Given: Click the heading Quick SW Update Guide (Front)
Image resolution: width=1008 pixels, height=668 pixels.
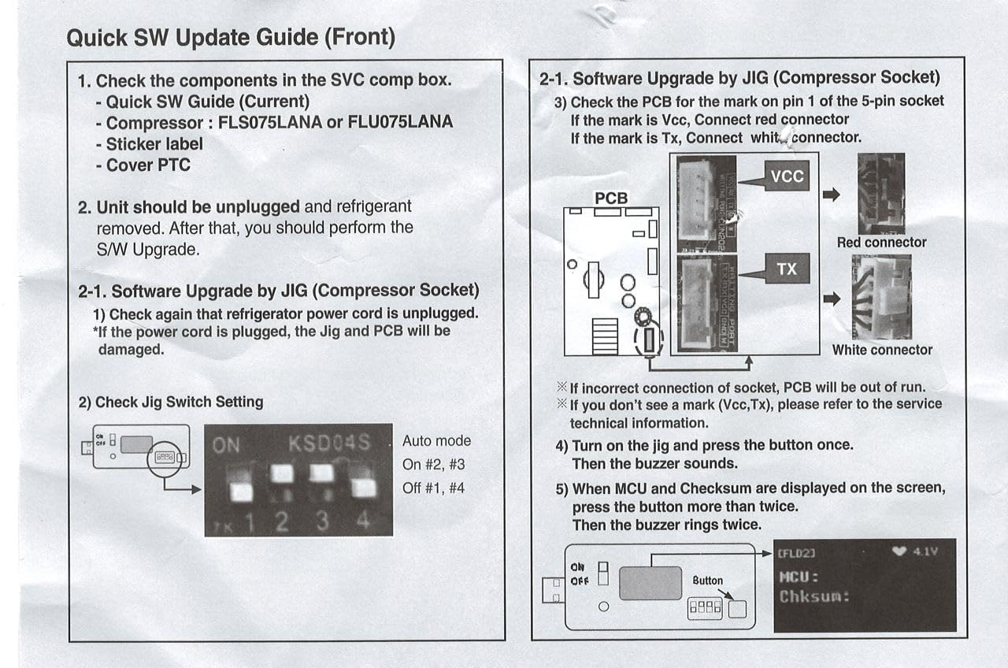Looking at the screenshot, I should pyautogui.click(x=231, y=37).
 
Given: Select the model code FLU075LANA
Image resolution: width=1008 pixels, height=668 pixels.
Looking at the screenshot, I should pyautogui.click(x=400, y=123).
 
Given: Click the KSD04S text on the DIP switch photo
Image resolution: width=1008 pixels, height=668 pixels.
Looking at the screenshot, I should pyautogui.click(x=328, y=443).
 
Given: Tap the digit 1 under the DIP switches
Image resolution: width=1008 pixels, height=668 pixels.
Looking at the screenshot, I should pyautogui.click(x=250, y=521).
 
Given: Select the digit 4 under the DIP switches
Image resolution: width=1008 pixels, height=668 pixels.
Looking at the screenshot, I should pyautogui.click(x=363, y=521).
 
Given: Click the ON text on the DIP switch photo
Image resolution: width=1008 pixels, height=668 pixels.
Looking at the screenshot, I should pyautogui.click(x=226, y=446).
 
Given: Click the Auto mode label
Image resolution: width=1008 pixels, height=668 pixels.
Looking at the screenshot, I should pyautogui.click(x=436, y=441).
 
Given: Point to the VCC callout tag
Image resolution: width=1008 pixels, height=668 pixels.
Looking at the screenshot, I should pyautogui.click(x=787, y=177).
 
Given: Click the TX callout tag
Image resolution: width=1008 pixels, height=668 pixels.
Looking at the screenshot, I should pyautogui.click(x=787, y=269).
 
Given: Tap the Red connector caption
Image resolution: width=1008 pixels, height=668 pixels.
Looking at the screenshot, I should pyautogui.click(x=881, y=243).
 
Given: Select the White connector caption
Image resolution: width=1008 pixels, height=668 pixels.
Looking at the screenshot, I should pyautogui.click(x=882, y=350).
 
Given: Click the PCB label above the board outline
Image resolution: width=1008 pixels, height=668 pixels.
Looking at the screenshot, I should pyautogui.click(x=611, y=199).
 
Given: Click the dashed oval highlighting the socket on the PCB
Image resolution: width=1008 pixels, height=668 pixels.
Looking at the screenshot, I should pyautogui.click(x=649, y=341).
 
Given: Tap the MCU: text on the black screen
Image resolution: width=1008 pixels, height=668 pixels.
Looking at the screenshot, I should pyautogui.click(x=799, y=577).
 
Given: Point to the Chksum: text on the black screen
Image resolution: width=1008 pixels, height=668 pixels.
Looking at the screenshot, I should pyautogui.click(x=814, y=596).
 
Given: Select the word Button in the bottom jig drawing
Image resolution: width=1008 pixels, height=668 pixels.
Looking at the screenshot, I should pyautogui.click(x=707, y=581).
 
